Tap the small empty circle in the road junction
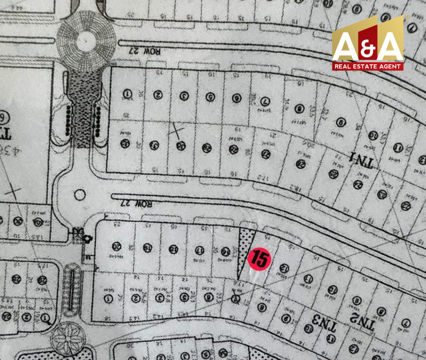(x=79, y=195)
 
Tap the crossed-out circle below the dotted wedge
(x=236, y=299)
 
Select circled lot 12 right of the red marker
(x=285, y=268)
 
